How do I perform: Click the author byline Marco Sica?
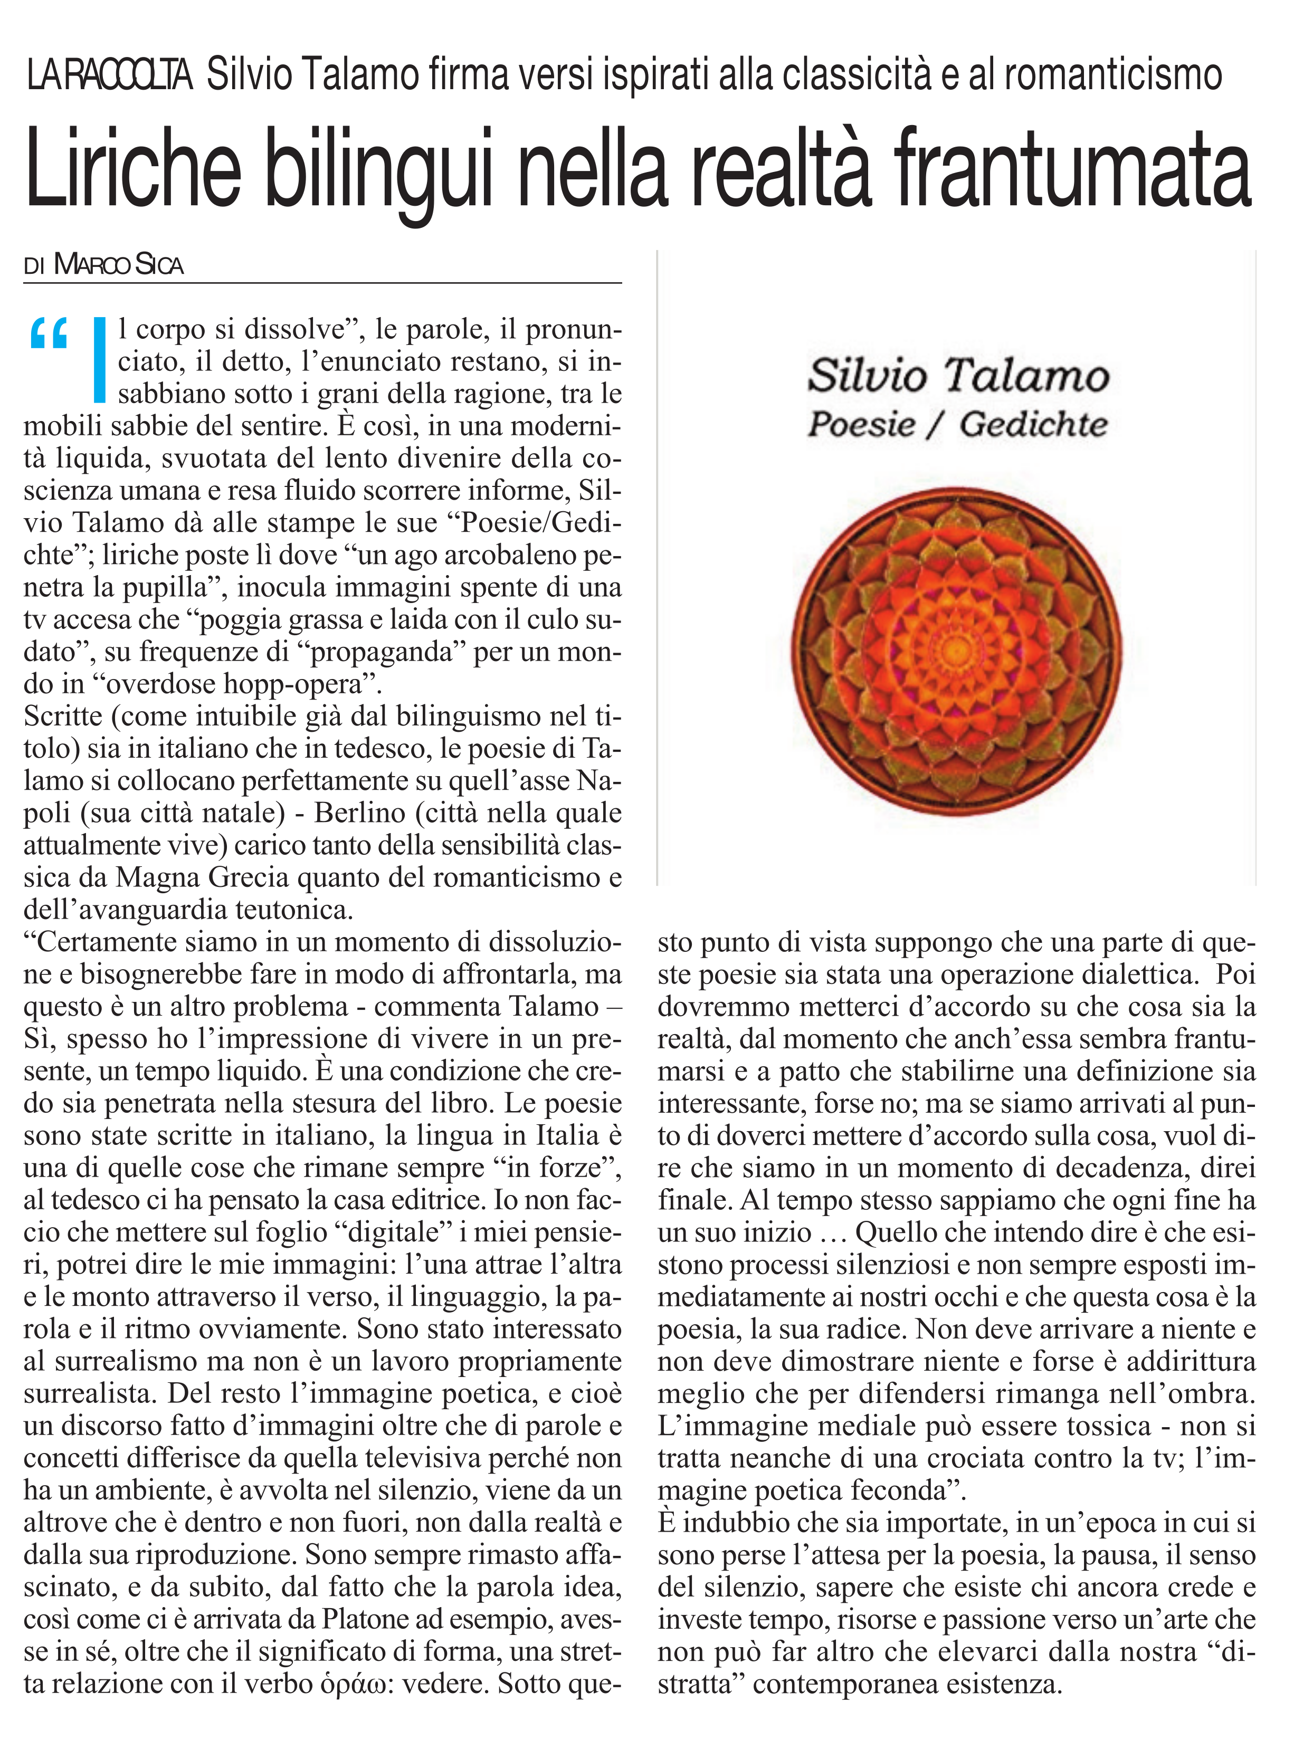point(118,266)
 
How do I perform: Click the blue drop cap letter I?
point(99,359)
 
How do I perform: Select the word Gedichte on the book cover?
point(1033,425)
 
